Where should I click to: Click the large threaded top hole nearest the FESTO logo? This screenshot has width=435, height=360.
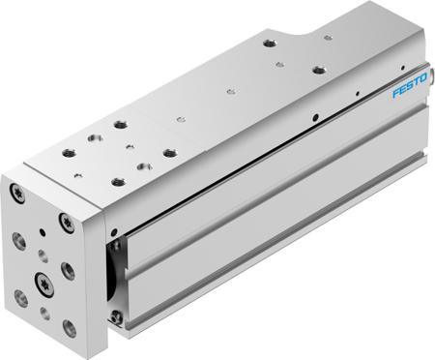pos(316,72)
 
